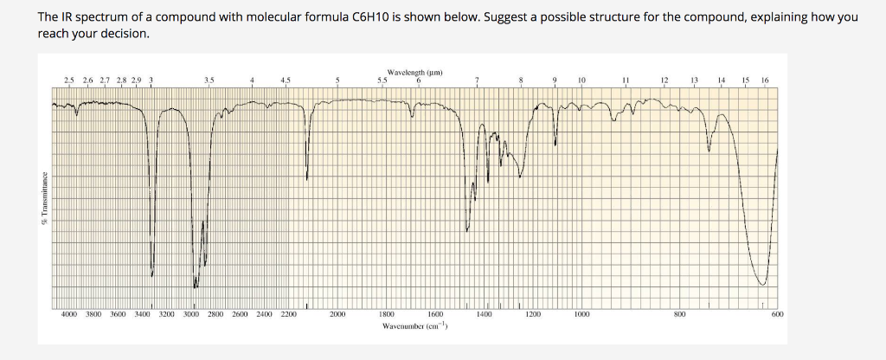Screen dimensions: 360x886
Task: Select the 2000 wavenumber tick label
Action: (x=337, y=315)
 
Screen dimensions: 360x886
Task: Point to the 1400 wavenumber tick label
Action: (x=485, y=315)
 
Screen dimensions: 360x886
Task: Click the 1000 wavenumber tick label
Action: (x=582, y=315)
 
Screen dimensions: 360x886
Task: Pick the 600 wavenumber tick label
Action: (x=777, y=315)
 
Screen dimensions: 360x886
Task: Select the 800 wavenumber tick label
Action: (x=680, y=315)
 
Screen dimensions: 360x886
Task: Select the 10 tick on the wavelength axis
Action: (x=581, y=81)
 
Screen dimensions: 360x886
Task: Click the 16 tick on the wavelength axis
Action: (x=764, y=81)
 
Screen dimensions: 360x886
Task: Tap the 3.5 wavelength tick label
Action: (x=208, y=81)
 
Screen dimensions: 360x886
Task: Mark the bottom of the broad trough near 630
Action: (x=762, y=284)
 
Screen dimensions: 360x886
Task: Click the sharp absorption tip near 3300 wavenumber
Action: (x=152, y=276)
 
